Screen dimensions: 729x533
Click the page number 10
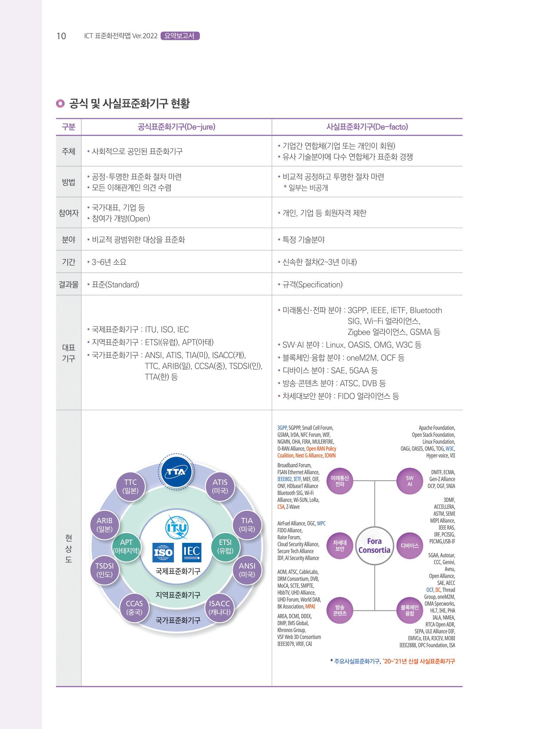click(61, 36)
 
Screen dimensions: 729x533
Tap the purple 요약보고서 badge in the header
click(180, 36)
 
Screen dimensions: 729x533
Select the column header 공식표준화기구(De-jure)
click(177, 127)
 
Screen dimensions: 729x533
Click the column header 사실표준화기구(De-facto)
click(367, 127)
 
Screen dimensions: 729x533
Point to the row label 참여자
click(68, 213)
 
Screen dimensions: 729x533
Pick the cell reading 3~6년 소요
click(109, 262)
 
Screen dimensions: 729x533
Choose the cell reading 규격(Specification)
click(312, 285)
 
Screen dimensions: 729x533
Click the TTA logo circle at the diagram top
click(176, 472)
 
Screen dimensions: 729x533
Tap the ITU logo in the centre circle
click(177, 527)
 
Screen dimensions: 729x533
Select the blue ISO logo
click(163, 552)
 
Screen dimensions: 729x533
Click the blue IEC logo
click(192, 551)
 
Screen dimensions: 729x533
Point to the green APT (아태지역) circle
click(126, 546)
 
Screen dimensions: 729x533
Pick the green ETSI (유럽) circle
click(225, 546)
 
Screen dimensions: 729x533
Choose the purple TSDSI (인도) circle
click(104, 570)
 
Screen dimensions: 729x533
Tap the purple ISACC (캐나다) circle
click(219, 608)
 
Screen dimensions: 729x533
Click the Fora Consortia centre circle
click(374, 546)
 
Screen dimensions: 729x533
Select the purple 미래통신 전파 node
click(340, 481)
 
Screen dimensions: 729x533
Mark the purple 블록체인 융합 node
click(409, 610)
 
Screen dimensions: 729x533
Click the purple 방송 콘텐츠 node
click(340, 610)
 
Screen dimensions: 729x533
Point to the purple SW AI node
click(409, 481)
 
